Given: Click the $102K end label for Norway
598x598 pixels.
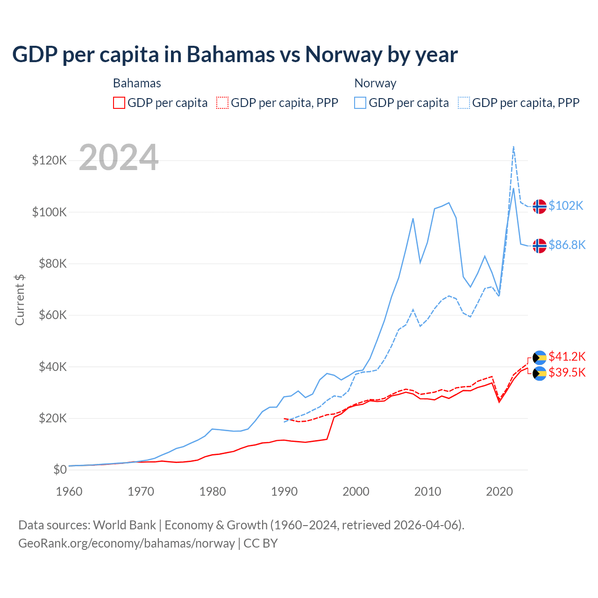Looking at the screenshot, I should [x=566, y=206].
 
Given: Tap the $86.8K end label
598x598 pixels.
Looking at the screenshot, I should [x=567, y=245].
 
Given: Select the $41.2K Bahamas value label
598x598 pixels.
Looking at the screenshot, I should [x=567, y=356].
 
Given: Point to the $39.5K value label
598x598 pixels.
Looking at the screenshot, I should [x=567, y=372].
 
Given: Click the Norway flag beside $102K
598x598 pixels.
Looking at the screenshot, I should [x=540, y=206].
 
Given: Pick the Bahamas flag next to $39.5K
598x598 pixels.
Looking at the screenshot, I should [x=540, y=373].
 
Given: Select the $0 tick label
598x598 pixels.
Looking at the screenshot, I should [x=60, y=470].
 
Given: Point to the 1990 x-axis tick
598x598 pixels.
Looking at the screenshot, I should [x=284, y=491].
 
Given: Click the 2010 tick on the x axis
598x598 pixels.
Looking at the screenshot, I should [x=427, y=491].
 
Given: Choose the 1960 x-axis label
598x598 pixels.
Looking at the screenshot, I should [x=69, y=491].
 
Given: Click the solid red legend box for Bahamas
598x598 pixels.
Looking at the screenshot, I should [x=119, y=103].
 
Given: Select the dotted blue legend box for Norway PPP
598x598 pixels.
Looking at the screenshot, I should [x=464, y=103].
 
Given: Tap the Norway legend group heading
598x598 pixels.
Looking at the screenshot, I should [x=375, y=83].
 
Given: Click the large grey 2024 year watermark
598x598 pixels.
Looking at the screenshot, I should [x=119, y=157].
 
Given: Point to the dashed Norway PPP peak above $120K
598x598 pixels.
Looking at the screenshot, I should [x=513, y=147].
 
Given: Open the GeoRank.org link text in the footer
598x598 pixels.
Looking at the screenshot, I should [x=126, y=543].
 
